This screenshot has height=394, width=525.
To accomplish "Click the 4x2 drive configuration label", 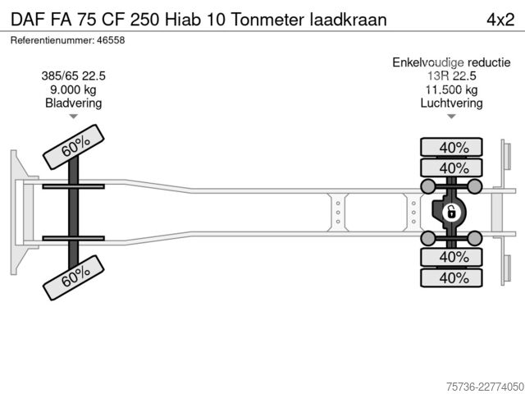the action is tap(500, 20).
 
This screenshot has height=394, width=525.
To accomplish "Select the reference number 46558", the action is tap(111, 40).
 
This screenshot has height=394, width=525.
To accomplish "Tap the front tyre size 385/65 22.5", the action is tap(73, 76).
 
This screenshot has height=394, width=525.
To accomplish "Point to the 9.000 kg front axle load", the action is tap(73, 89).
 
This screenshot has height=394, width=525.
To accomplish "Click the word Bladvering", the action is tap(73, 103).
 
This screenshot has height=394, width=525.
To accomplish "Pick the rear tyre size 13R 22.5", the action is tap(451, 76).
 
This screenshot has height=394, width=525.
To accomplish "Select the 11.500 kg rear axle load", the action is tap(451, 89).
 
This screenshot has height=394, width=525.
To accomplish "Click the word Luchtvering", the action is tap(451, 103).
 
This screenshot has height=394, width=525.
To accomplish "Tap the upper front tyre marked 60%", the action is tap(73, 147).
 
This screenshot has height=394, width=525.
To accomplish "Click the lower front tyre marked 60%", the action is tap(73, 277).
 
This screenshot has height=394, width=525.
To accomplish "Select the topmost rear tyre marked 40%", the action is tap(451, 147).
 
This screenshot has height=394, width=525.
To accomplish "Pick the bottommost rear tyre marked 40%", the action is tap(451, 277).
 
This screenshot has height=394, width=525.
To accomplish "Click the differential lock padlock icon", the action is tap(451, 213).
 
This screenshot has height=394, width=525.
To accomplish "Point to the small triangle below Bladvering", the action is tap(73, 117).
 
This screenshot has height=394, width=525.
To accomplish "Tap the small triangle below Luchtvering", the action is tap(451, 117).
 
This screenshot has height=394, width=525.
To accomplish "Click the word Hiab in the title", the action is tap(182, 20).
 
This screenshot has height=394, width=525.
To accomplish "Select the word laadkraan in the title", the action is tap(348, 20).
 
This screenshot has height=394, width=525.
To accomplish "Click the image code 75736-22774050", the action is tap(485, 387).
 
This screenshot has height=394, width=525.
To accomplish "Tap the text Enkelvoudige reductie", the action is tap(451, 62).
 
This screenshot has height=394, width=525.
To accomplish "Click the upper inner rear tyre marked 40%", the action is tap(451, 167).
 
